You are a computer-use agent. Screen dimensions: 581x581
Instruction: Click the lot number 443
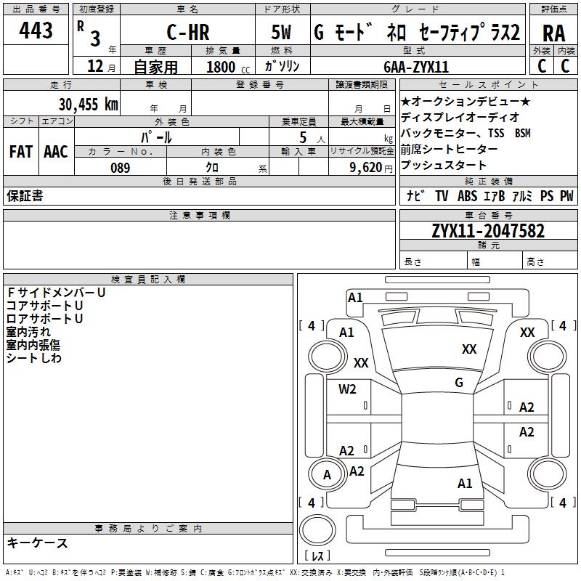click(36, 31)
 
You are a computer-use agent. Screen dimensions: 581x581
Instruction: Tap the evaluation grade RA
click(553, 33)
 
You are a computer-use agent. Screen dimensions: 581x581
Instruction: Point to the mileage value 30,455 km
click(89, 104)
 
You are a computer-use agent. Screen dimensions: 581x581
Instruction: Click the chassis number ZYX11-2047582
click(488, 231)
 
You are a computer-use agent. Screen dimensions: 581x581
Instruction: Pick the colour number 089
click(120, 168)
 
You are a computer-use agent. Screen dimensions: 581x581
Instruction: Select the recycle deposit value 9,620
click(363, 168)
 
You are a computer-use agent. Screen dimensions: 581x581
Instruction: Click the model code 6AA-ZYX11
click(416, 67)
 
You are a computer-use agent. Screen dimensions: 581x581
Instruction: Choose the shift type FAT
click(20, 152)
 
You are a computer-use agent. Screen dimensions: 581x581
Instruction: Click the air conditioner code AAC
click(56, 152)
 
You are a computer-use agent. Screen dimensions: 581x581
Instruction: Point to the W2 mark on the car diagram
click(347, 389)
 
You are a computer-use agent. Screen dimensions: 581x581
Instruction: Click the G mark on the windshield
click(459, 383)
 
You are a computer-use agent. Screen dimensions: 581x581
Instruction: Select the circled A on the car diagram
click(327, 475)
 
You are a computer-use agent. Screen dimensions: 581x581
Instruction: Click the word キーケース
click(38, 543)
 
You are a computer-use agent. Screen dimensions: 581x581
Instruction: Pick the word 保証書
click(25, 196)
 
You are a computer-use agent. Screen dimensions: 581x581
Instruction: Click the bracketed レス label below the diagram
click(317, 556)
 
